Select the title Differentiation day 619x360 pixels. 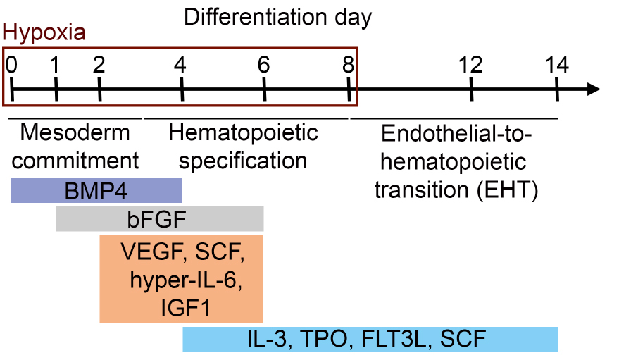[278, 18]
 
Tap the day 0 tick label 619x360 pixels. [11, 64]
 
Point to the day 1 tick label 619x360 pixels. [55, 64]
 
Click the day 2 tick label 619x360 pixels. [99, 64]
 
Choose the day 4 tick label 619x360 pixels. [180, 64]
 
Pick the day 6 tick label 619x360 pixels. [263, 64]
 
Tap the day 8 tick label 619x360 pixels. [348, 64]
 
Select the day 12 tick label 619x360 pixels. [470, 64]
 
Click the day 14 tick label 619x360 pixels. [557, 64]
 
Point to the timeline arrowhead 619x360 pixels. [594, 89]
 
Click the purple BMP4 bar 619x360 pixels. [96, 190]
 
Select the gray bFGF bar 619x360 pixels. [160, 218]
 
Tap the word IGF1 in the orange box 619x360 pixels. [185, 308]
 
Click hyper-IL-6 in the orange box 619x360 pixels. [186, 280]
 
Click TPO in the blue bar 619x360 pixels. [324, 339]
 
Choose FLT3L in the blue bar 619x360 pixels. [394, 339]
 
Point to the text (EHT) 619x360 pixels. [507, 190]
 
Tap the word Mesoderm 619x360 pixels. [75, 132]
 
